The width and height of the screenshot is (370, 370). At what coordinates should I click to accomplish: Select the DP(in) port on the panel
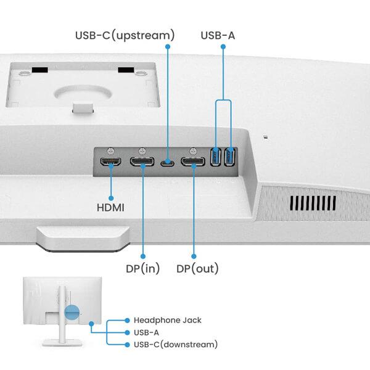click(x=142, y=163)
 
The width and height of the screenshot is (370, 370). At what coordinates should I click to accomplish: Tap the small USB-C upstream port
click(x=167, y=163)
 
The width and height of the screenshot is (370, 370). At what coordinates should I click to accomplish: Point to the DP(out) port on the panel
click(x=193, y=162)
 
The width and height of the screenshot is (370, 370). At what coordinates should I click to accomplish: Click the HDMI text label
click(x=110, y=208)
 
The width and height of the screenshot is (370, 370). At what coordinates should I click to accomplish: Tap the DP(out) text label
click(x=197, y=268)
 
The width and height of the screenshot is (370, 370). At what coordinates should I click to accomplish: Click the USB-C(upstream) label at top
click(x=125, y=35)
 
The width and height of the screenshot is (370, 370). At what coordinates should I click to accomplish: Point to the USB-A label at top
click(x=218, y=35)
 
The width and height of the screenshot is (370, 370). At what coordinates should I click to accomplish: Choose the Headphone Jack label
click(x=167, y=320)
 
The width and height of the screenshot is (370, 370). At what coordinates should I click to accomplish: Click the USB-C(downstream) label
click(x=175, y=344)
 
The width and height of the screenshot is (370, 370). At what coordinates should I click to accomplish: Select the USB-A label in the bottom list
click(x=146, y=332)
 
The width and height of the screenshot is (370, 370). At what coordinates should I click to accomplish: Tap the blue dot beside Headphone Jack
click(x=126, y=321)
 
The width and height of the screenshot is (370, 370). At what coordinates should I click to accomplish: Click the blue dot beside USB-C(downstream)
click(x=126, y=344)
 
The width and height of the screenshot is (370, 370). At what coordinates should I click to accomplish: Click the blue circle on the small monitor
click(x=73, y=313)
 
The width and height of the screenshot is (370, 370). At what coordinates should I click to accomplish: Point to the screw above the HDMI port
click(x=111, y=150)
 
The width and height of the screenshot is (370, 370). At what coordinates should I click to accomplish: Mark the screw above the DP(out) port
click(x=192, y=150)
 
